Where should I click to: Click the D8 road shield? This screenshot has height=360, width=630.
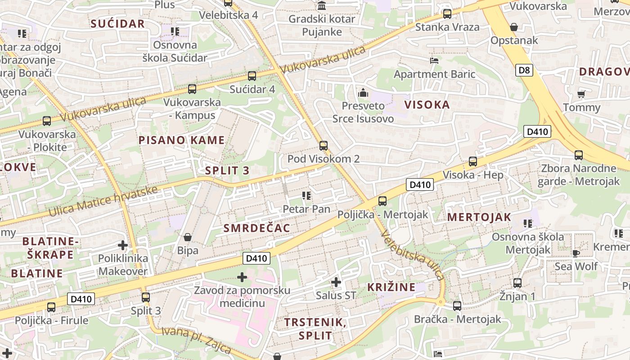click(x=524, y=70)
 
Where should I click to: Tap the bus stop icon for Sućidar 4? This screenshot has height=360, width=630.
click(x=252, y=76)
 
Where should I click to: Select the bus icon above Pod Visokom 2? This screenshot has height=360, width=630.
click(x=323, y=145)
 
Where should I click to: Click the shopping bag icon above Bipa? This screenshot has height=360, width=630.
click(x=188, y=237)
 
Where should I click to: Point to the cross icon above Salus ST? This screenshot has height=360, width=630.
click(x=336, y=282)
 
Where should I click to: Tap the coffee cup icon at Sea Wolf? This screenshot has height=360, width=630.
click(x=576, y=253)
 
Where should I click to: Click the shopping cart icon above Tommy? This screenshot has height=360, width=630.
click(x=581, y=94)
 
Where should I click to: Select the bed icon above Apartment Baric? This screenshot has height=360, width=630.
click(x=434, y=60)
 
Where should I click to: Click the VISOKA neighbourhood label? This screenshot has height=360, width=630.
click(x=427, y=105)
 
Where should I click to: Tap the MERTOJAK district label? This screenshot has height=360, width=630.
click(x=479, y=217)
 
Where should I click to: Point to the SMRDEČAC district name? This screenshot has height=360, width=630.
click(x=257, y=228)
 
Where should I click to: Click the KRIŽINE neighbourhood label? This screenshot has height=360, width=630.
click(x=391, y=287)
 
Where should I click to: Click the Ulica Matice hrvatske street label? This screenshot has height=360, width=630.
click(x=103, y=201)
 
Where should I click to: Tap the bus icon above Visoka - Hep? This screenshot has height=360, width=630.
click(x=472, y=162)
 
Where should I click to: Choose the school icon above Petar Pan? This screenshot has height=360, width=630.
click(x=306, y=195)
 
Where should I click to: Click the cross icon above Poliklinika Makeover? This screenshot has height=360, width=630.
click(x=122, y=245)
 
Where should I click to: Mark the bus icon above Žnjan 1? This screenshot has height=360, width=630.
click(x=517, y=283)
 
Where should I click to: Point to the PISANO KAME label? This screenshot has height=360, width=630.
click(x=181, y=140)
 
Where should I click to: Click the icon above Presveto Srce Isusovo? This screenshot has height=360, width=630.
click(x=363, y=93)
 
